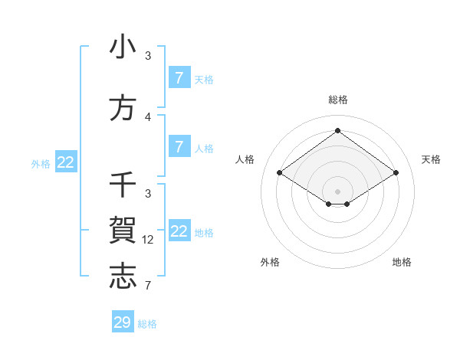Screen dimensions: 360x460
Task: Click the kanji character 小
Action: pyautogui.click(x=123, y=47)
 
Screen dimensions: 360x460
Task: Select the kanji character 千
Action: pyautogui.click(x=123, y=185)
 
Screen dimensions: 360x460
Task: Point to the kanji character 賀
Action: pyautogui.click(x=123, y=231)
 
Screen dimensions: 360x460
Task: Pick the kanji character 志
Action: pyautogui.click(x=123, y=276)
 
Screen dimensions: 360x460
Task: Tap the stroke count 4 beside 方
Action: pyautogui.click(x=148, y=117)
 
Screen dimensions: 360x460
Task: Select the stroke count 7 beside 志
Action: pyautogui.click(x=148, y=286)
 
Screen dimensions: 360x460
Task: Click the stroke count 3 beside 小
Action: pyautogui.click(x=148, y=56)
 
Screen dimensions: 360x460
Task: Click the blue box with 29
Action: pyautogui.click(x=123, y=322)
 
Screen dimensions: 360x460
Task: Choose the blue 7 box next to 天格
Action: pyautogui.click(x=179, y=77)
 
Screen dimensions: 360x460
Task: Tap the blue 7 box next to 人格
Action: pyautogui.click(x=179, y=146)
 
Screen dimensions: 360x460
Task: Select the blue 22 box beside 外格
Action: pyautogui.click(x=66, y=162)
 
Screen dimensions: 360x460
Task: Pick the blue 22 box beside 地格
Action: pyautogui.click(x=179, y=231)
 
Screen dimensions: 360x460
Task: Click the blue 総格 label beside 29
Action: pyautogui.click(x=147, y=324)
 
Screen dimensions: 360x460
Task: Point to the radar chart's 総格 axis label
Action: pyautogui.click(x=337, y=100)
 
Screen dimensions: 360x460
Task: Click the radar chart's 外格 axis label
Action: pyautogui.click(x=270, y=262)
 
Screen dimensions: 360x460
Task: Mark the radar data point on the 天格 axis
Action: pyautogui.click(x=396, y=173)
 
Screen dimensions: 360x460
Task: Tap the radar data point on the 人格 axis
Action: pyautogui.click(x=279, y=173)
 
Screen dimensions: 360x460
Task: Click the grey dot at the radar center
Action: pyautogui.click(x=337, y=191)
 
